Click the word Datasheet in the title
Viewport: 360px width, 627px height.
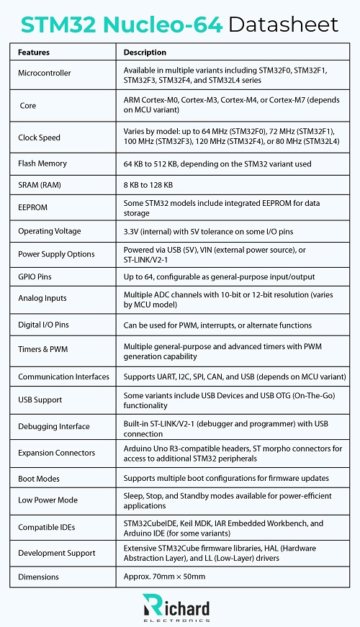(x=283, y=24)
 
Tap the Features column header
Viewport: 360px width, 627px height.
(x=34, y=53)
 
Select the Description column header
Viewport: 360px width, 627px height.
(x=145, y=53)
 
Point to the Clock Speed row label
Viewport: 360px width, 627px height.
(x=39, y=137)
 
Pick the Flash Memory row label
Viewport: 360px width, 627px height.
(x=42, y=164)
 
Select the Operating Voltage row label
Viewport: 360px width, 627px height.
(x=49, y=231)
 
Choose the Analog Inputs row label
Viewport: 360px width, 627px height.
(x=42, y=297)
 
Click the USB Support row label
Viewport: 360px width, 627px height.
(x=40, y=400)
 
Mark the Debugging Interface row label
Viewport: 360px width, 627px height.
(x=54, y=427)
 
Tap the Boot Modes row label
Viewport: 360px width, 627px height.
(x=39, y=479)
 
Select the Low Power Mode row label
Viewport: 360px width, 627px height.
(x=48, y=500)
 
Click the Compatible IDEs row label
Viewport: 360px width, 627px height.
(x=47, y=527)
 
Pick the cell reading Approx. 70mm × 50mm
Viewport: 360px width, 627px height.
(x=164, y=577)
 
